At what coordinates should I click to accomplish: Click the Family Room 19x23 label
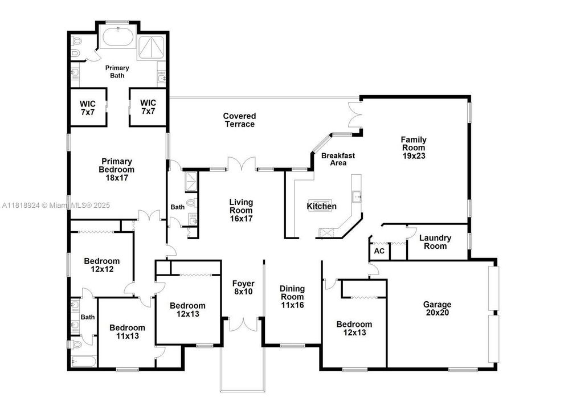pos(414,147)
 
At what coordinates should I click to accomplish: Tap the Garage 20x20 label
pos(437,308)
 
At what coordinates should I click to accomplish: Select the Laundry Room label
pos(435,242)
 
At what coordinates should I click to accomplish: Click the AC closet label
pos(379,251)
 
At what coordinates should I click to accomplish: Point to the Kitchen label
pos(321,206)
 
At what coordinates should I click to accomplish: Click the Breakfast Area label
pos(338,159)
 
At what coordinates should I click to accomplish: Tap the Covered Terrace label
pos(239,120)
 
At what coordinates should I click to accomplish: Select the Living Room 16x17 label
pos(241,210)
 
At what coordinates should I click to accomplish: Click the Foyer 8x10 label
pos(243,288)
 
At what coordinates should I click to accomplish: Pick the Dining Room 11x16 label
pos(292,297)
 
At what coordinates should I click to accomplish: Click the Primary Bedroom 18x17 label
pos(117,169)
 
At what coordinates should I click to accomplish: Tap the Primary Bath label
pos(117,71)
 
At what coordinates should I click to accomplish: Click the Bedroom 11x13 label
pos(127,331)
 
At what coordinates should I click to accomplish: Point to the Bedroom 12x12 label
pos(102,265)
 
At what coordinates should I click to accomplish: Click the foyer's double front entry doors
pos(243,324)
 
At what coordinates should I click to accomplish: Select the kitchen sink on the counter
pos(357,196)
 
